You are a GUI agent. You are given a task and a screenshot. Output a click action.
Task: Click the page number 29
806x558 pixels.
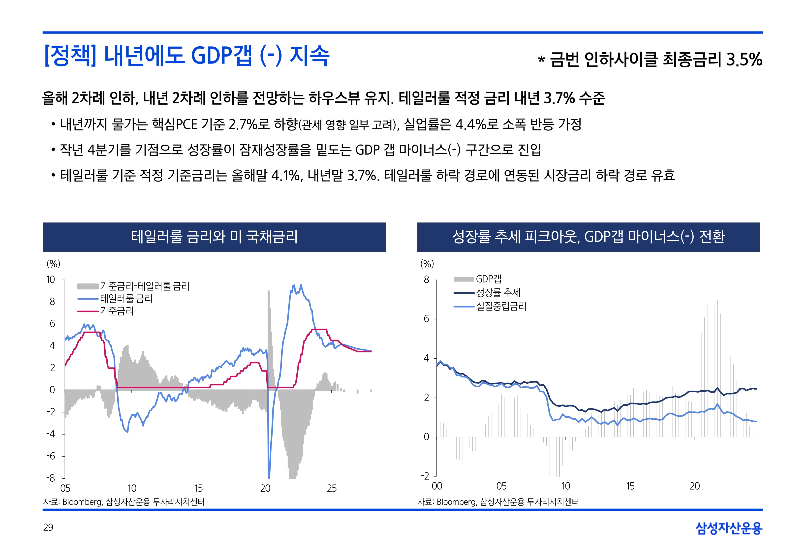48,527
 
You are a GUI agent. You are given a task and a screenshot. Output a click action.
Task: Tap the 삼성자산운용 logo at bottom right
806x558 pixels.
729,528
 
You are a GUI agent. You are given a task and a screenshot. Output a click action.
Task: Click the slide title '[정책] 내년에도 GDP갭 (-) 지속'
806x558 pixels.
187,56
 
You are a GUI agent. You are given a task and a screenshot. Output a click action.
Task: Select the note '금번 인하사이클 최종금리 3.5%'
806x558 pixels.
656,60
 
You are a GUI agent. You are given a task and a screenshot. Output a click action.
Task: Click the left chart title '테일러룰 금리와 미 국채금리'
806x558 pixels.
214,237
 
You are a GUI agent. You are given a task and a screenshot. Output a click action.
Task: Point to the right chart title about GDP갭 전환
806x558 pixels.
588,237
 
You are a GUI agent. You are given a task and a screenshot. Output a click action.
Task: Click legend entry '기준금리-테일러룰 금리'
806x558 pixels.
144,286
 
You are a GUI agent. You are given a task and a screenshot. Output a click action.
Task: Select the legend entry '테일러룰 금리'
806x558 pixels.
126,299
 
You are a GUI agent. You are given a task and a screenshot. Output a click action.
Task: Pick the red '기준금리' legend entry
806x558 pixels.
117,311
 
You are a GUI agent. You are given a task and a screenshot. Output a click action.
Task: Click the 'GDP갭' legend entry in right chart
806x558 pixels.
488,279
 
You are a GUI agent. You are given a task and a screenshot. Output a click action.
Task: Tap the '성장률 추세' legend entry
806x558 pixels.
498,293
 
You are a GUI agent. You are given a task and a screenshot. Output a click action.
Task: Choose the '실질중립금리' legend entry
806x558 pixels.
501,307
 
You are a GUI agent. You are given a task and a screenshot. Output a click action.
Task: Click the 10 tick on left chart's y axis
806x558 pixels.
51,280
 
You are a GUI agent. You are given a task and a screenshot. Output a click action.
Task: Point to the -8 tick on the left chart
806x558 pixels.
51,478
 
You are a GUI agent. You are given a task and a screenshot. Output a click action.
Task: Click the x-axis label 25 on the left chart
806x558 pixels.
332,488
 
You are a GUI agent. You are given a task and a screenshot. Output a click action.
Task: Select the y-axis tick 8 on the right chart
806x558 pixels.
426,280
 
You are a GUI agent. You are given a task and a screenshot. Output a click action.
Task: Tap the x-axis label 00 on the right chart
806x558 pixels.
437,486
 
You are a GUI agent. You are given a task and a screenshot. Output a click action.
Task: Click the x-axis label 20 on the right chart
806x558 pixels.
694,486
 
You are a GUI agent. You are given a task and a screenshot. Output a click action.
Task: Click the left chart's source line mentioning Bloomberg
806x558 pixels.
124,502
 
